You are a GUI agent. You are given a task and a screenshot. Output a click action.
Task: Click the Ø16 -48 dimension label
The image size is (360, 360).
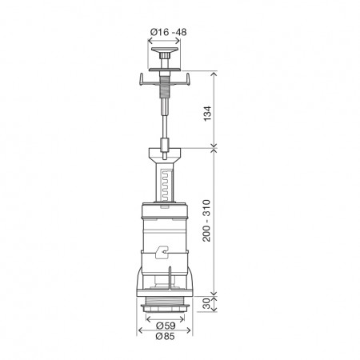point(168,32)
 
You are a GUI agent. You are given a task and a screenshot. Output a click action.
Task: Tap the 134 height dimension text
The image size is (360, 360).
point(207,114)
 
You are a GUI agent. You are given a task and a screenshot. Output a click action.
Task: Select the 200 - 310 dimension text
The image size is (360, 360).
point(206,221)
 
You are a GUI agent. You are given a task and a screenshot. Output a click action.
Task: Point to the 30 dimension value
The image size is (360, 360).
point(206,304)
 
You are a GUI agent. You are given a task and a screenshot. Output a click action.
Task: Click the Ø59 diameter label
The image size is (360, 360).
point(166,326)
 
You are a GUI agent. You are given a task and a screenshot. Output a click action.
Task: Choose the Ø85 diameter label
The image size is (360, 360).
point(166,337)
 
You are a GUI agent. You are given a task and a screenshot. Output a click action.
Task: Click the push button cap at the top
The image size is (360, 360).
point(164,50)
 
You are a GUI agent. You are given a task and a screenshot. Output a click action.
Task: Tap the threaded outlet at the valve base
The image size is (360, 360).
point(165,303)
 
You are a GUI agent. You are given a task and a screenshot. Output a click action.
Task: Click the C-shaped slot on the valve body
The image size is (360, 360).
point(162,252)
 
